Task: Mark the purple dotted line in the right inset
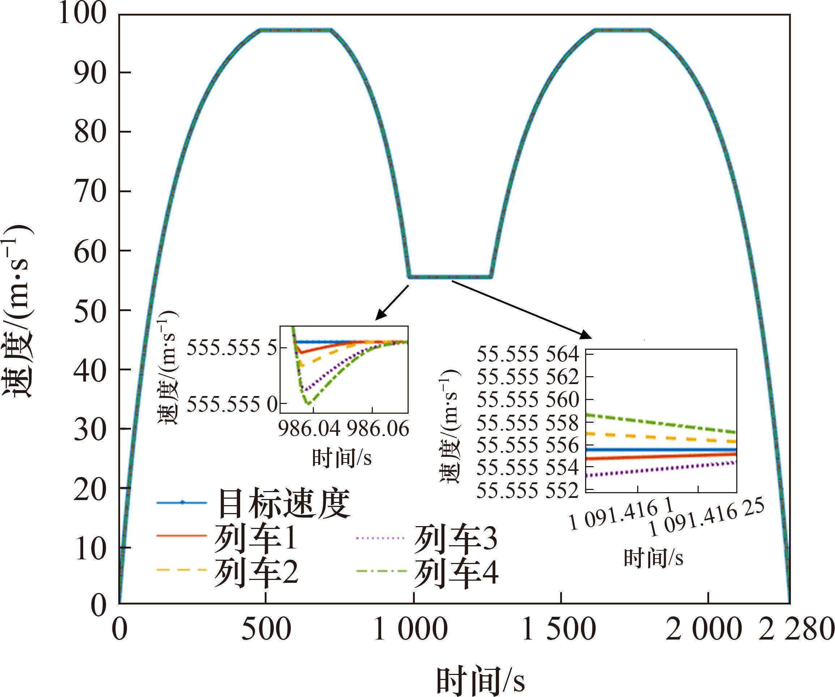tap(660, 469)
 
